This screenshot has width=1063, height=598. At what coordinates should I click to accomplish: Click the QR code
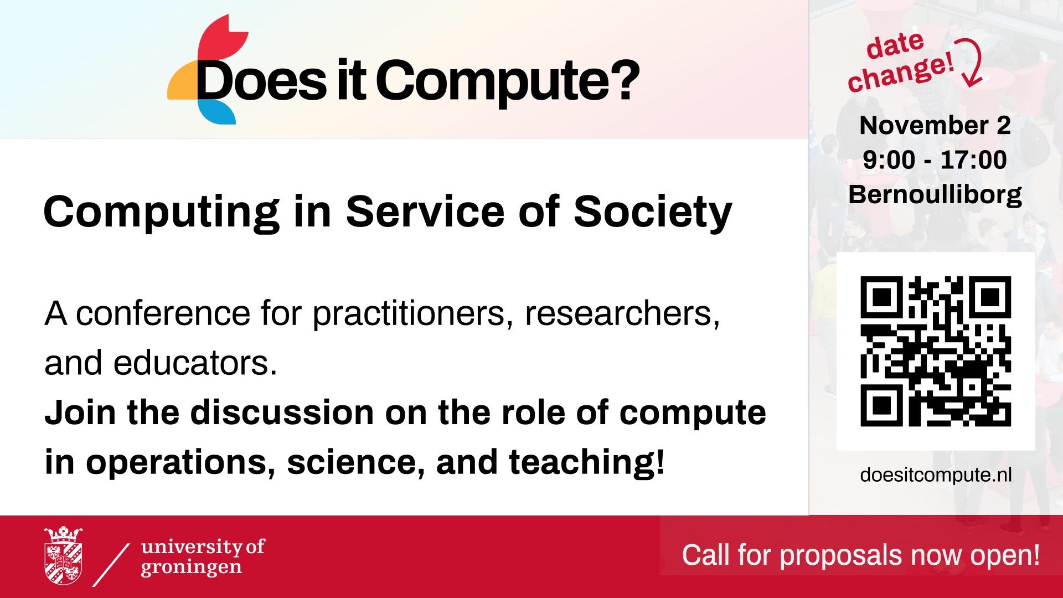[935, 351]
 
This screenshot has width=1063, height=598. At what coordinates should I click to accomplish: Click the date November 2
[935, 126]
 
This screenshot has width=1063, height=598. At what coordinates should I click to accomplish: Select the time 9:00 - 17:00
[935, 160]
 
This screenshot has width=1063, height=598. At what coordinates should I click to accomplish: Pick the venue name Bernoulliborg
[935, 195]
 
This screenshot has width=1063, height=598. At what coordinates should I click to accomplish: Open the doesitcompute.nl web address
[936, 475]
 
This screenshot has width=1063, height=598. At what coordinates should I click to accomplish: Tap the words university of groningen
[203, 558]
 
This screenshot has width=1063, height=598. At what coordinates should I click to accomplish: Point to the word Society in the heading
[653, 213]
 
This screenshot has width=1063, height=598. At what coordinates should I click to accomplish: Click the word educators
[195, 363]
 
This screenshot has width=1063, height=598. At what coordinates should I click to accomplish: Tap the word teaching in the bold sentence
[586, 462]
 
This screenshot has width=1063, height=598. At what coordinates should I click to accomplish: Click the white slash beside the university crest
[111, 564]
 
